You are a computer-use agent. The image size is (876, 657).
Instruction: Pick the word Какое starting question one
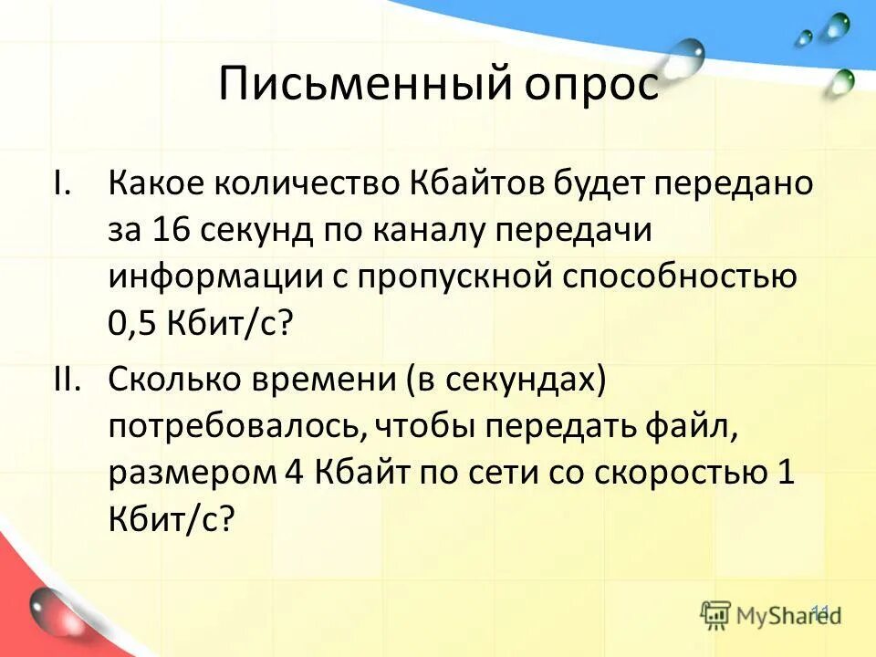pos(155,182)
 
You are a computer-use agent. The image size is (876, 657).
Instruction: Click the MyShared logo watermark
pos(771,614)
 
